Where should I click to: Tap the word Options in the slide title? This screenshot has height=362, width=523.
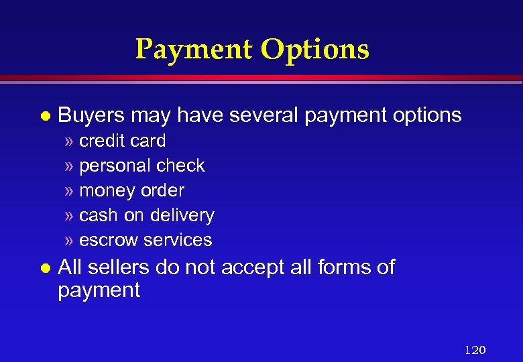pyautogui.click(x=314, y=49)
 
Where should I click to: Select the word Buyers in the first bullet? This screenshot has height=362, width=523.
pyautogui.click(x=91, y=115)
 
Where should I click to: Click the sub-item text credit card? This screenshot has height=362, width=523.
pyautogui.click(x=123, y=141)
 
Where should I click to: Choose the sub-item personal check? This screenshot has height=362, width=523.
pyautogui.click(x=142, y=166)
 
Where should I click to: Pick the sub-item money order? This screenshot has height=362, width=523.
pyautogui.click(x=131, y=190)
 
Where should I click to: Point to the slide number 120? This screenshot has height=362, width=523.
pyautogui.click(x=475, y=350)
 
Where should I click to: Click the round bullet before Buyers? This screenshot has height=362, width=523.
pyautogui.click(x=44, y=116)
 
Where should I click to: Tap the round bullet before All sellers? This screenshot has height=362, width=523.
pyautogui.click(x=44, y=267)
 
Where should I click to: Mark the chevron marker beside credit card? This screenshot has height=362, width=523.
pyautogui.click(x=70, y=141)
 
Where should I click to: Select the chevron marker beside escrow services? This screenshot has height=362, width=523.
pyautogui.click(x=70, y=241)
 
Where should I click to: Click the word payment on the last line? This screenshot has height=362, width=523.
pyautogui.click(x=99, y=291)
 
